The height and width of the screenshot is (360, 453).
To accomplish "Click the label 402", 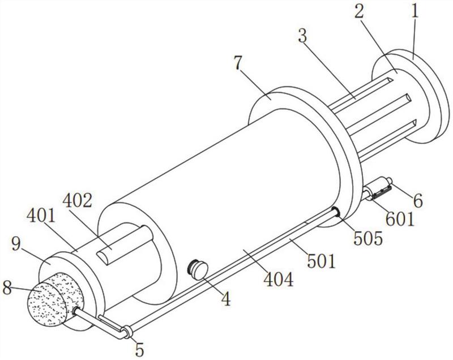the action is (77, 201).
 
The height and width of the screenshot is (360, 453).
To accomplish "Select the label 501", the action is (321, 261).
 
